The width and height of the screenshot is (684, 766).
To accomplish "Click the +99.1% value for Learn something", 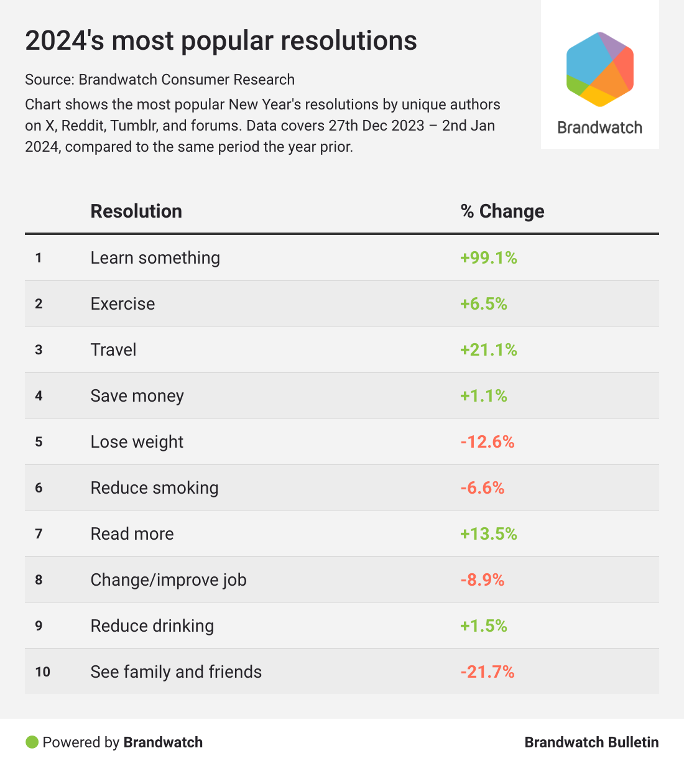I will coord(488,258).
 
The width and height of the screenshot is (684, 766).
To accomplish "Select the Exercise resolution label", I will coord(122,304).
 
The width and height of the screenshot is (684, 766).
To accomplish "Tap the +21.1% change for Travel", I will coord(488,350).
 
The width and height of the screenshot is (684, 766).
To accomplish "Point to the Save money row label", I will coord(137,396).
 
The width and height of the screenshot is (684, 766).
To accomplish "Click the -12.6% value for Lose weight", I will coord(487,442).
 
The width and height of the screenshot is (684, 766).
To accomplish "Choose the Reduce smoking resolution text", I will coord(154,488).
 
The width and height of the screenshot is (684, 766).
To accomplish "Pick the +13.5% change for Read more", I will coord(488,534).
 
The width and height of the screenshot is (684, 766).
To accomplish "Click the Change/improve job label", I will coord(169,580).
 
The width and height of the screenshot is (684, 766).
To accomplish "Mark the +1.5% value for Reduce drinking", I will coord(483,626).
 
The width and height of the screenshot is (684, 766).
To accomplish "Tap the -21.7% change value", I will coord(487,672).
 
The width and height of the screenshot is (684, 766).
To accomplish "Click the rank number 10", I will coord(42,672).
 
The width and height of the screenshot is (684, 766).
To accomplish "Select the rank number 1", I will coord(39,258).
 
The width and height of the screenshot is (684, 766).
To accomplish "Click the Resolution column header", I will coord(136,211).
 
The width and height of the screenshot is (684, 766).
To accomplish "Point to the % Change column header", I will coord(502,211).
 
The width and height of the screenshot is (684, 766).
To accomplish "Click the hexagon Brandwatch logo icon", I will coord(599,69).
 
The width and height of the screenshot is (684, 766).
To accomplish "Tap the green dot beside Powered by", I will coord(32,742).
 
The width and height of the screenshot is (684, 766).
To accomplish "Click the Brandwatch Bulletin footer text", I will coord(591,742).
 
